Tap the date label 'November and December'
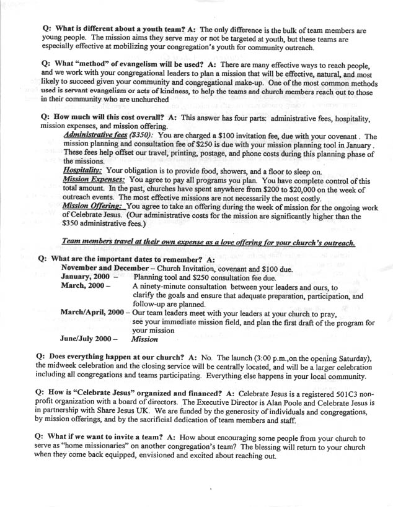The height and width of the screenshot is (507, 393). coord(110,267)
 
